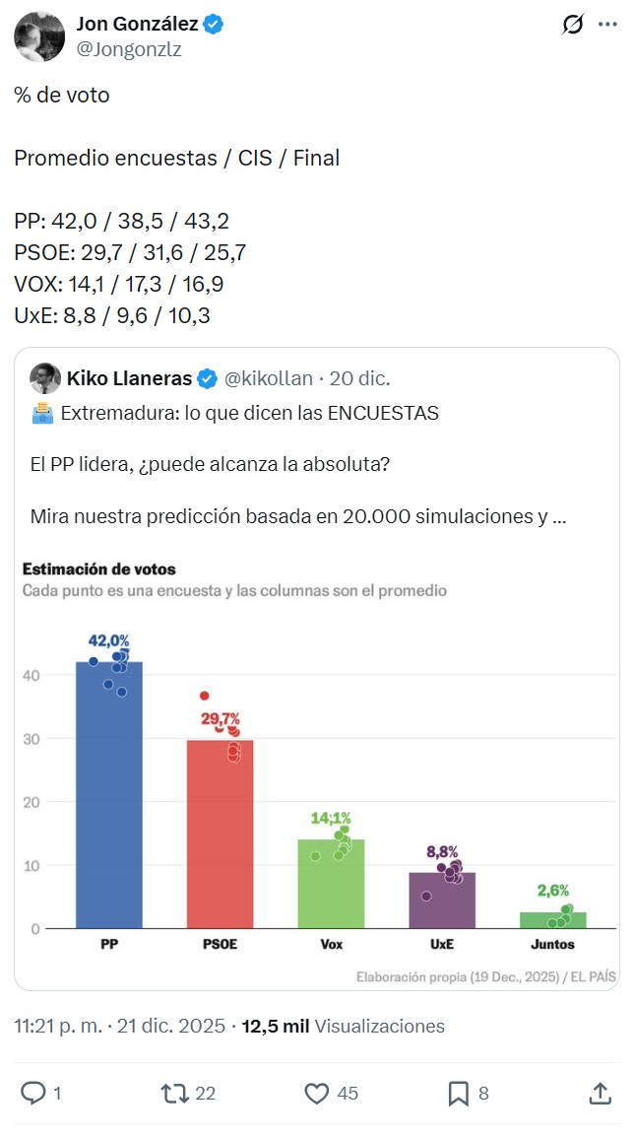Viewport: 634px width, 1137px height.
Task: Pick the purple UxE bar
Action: click(442, 901)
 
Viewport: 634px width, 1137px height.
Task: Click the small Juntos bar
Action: click(553, 920)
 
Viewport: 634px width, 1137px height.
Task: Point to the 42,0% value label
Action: click(109, 641)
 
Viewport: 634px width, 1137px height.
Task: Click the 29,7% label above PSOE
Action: click(221, 719)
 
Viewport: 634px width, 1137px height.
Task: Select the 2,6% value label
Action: click(553, 891)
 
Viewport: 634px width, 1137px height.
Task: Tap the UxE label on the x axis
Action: click(442, 944)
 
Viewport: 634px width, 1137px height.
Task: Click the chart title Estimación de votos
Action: click(98, 569)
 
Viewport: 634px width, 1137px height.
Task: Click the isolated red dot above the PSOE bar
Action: click(204, 696)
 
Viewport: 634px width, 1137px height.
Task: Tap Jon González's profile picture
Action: click(39, 36)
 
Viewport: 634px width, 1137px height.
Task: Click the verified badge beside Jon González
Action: click(214, 24)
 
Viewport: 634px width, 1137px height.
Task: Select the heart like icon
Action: click(316, 1093)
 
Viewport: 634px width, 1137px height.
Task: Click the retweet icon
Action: click(174, 1093)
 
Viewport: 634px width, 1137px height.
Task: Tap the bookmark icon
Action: click(458, 1093)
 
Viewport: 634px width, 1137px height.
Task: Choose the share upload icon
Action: click(600, 1093)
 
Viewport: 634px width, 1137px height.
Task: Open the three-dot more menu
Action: click(606, 25)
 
